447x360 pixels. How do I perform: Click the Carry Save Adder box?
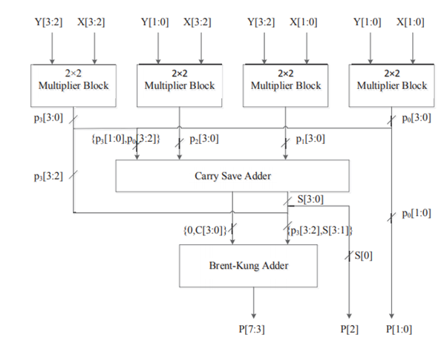click(x=232, y=177)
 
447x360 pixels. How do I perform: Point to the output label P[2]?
click(x=349, y=328)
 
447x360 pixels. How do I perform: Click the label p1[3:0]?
click(x=310, y=138)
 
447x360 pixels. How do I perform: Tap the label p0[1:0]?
click(x=414, y=214)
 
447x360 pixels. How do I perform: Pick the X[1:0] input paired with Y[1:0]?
click(x=410, y=22)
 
